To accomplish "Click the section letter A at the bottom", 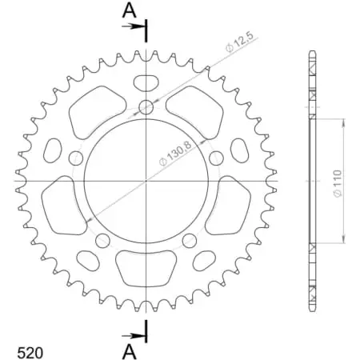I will pyautogui.click(x=129, y=350).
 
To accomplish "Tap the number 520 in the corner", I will pyautogui.click(x=30, y=350).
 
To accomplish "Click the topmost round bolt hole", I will pyautogui.click(x=146, y=107).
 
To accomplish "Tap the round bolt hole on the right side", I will pyautogui.click(x=217, y=158).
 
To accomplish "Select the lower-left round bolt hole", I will pyautogui.click(x=102, y=240).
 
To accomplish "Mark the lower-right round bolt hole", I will pyautogui.click(x=190, y=240).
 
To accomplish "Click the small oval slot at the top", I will pyautogui.click(x=146, y=82).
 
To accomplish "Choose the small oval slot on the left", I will pyautogui.click(x=53, y=150).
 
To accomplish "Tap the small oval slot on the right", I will pyautogui.click(x=240, y=150).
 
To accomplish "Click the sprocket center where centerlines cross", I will pyautogui.click(x=146, y=182).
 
